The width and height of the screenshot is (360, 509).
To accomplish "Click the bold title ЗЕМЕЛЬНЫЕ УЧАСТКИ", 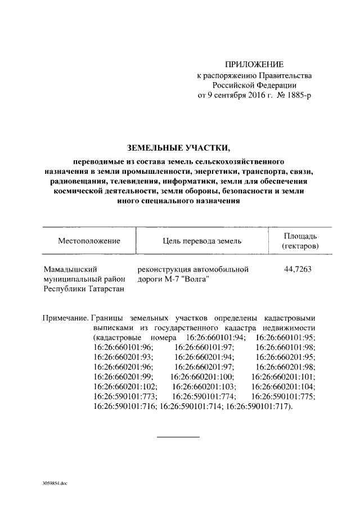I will point(179,148).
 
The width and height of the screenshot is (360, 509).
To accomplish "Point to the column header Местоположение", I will point(89,241).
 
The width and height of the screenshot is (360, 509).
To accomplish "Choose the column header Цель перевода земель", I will point(201,241).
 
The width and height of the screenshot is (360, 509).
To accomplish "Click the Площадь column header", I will point(300,236).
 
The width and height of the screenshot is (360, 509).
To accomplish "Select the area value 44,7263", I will point(298,269).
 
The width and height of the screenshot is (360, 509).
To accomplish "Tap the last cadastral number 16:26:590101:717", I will point(258,407).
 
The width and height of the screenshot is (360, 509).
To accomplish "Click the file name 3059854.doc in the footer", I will point(54,483).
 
